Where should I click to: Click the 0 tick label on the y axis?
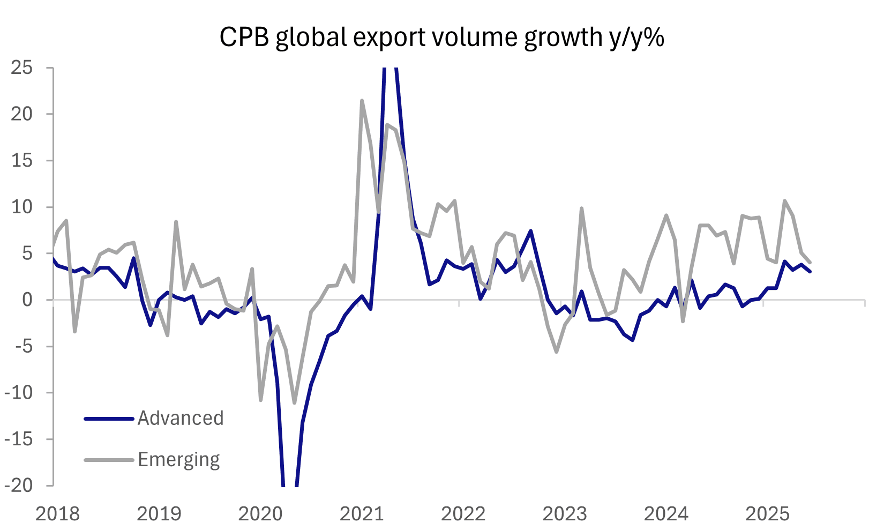tap(27, 300)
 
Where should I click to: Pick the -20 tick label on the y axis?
tap(19, 486)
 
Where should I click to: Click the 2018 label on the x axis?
tap(57, 514)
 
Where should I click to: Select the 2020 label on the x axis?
tap(260, 514)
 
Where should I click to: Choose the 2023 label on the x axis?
tap(565, 514)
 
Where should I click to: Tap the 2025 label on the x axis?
tap(768, 514)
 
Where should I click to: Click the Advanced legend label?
tap(181, 419)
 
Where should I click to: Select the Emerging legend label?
tap(179, 460)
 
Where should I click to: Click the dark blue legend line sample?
tap(109, 419)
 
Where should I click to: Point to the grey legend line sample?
tap(109, 460)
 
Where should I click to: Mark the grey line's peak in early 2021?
tap(362, 100)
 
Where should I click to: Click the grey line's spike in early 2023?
tap(581, 208)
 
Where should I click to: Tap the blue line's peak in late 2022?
tap(530, 231)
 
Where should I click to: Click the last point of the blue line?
tap(810, 272)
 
